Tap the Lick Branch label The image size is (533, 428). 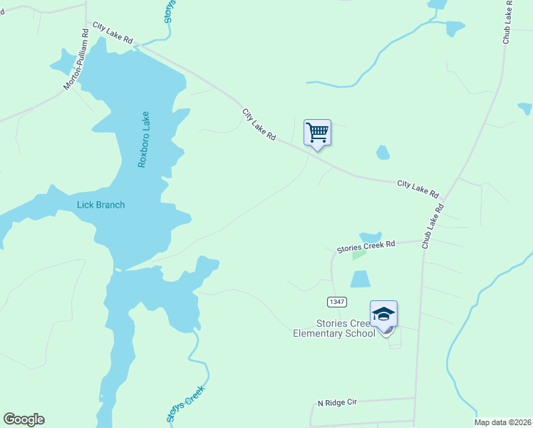pyautogui.click(x=100, y=205)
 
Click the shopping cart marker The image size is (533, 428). pyautogui.click(x=317, y=133)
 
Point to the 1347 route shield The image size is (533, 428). pyautogui.click(x=337, y=302)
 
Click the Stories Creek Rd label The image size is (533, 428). pyautogui.click(x=366, y=246)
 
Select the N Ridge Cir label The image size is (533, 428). pyautogui.click(x=336, y=403)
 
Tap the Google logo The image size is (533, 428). pyautogui.click(x=24, y=419)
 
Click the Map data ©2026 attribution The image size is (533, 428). pyautogui.click(x=503, y=422)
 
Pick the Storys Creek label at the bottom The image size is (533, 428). pyautogui.click(x=186, y=404)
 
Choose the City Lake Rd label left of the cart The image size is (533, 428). pyautogui.click(x=259, y=124)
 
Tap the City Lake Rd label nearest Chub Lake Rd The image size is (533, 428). pyautogui.click(x=418, y=188)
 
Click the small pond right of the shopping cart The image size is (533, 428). pyautogui.click(x=383, y=152)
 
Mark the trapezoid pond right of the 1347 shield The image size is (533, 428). pyautogui.click(x=361, y=279)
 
